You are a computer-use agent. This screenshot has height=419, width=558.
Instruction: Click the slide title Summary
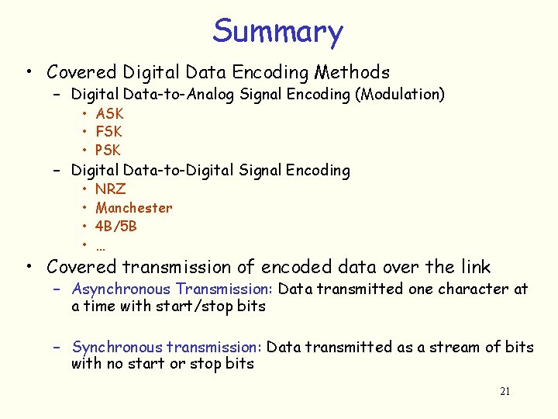coord(277,31)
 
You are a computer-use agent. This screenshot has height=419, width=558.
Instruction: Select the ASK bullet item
coord(109,114)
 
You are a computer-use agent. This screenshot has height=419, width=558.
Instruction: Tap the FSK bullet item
coord(108,132)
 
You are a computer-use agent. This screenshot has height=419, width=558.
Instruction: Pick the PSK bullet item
coord(108,150)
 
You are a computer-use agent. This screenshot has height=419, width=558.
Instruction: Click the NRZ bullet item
coord(110,189)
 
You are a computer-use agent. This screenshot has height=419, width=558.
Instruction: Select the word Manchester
coord(134,208)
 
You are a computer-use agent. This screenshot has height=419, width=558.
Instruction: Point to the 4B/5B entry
coord(116,227)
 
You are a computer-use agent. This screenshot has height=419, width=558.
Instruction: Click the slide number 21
coord(505,392)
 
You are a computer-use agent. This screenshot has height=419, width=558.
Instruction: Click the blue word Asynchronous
coord(122,289)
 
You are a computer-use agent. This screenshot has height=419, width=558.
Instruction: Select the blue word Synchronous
coord(117,347)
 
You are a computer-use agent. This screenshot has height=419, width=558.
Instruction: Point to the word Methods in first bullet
coord(352,73)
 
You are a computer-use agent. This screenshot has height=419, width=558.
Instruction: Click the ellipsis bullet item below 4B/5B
coord(101,247)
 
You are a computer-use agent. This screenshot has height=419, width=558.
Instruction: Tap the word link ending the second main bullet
coord(474,267)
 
